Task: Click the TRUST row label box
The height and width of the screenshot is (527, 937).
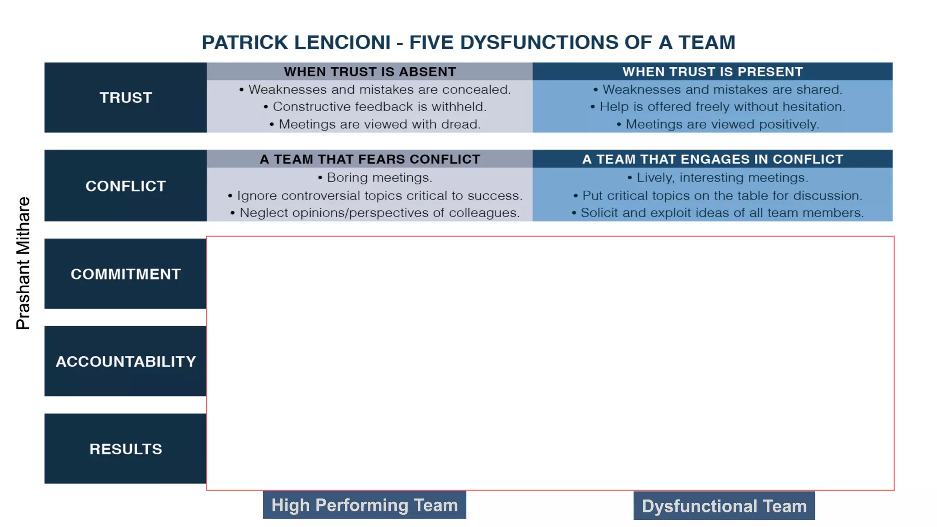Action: point(125,97)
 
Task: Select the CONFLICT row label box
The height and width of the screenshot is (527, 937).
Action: point(125,186)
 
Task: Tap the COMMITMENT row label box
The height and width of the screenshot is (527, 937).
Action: point(125,274)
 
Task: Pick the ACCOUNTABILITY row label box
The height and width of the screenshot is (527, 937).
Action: point(125,361)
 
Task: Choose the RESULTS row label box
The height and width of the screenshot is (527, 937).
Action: point(125,449)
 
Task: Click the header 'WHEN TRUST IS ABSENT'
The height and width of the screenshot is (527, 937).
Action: point(370,72)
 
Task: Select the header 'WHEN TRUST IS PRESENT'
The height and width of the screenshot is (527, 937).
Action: point(712,72)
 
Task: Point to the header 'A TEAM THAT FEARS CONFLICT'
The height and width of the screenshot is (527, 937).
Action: point(370,159)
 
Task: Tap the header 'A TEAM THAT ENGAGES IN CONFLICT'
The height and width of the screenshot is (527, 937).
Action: point(712,159)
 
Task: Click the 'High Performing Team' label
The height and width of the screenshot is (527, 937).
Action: point(364,505)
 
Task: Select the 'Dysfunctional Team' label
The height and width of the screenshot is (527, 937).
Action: point(724,506)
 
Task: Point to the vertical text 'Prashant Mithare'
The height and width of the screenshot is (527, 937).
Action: point(23,263)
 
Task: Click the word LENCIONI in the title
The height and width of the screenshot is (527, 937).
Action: point(343,43)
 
